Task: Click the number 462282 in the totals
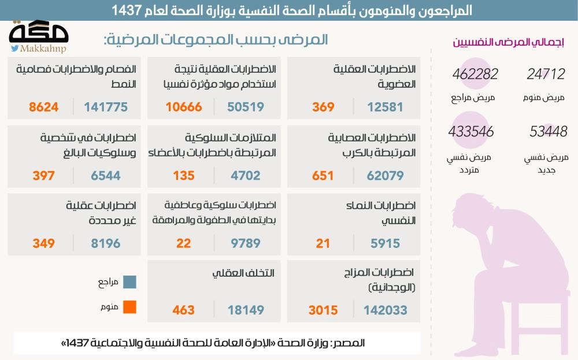tap(475, 74)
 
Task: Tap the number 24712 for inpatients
tap(546, 74)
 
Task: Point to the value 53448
tap(549, 132)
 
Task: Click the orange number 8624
tap(44, 107)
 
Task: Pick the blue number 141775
tap(106, 107)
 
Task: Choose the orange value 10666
tap(184, 107)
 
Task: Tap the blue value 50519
tap(246, 107)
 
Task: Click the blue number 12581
tap(386, 107)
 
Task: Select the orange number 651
tap(323, 176)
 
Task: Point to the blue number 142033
tap(386, 310)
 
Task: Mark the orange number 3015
tap(323, 310)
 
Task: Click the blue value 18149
tap(246, 310)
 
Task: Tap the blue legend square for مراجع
tap(129, 281)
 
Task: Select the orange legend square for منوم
tap(129, 307)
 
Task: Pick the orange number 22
tap(184, 243)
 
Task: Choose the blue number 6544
tap(106, 176)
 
